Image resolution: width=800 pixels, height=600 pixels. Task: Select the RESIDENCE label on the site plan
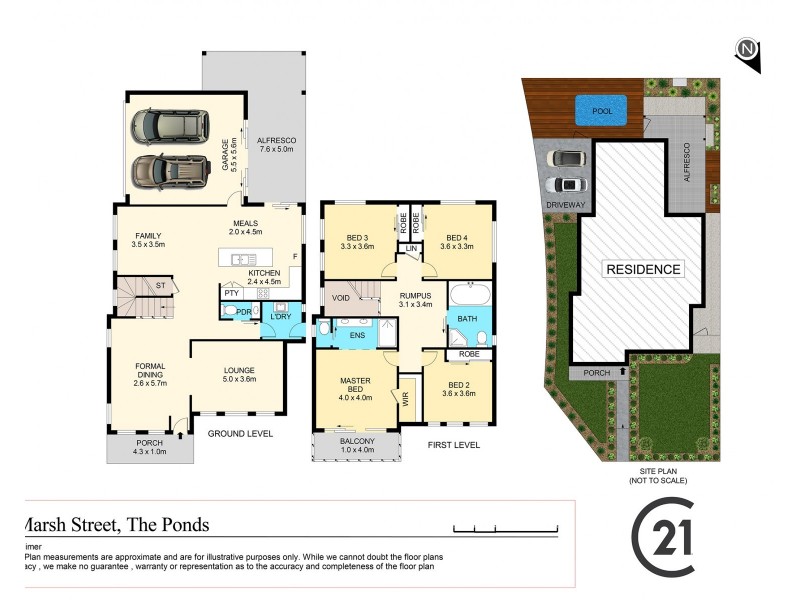pyautogui.click(x=642, y=269)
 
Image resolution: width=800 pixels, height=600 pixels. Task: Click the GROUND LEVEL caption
pyautogui.click(x=240, y=434)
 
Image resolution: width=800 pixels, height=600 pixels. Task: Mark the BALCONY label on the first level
pyautogui.click(x=356, y=445)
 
